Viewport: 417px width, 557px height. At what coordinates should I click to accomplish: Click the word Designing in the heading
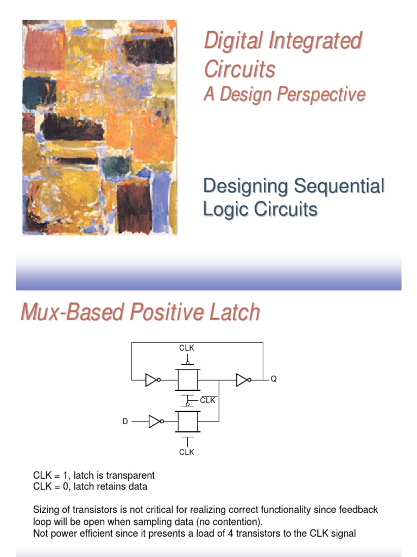245,186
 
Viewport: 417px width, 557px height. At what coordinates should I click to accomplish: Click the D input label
125,422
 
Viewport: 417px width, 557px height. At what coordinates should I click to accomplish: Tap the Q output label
274,379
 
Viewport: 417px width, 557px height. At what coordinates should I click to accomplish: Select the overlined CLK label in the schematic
208,400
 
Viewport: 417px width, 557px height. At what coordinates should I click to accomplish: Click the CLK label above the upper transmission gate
187,348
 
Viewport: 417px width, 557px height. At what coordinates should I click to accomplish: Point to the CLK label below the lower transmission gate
187,452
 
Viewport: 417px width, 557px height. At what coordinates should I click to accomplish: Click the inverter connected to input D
156,422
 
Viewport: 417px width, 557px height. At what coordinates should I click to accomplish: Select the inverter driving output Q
243,379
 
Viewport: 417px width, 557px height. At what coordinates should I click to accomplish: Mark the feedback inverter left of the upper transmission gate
153,379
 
